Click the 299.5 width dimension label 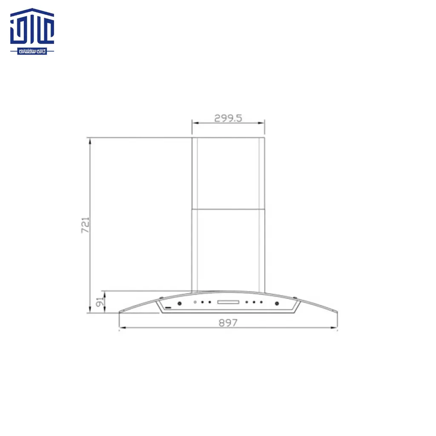[228, 118]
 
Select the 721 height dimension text [85, 225]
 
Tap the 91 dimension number [100, 302]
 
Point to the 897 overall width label [228, 323]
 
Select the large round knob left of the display [179, 304]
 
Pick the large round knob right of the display [277, 304]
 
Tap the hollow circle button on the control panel [195, 303]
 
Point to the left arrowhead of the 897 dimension [121, 328]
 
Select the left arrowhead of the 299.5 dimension [194, 123]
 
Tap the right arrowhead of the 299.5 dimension [263, 123]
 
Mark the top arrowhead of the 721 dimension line [90, 140]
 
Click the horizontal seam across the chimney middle [228, 209]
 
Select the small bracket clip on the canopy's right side [295, 297]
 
